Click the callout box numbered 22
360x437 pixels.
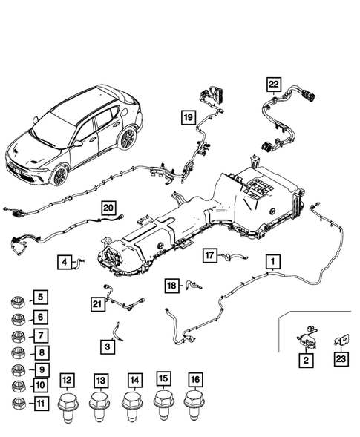point(274,84)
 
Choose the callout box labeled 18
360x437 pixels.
point(172,286)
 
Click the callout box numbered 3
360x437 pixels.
point(108,346)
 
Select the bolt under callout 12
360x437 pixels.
point(68,407)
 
